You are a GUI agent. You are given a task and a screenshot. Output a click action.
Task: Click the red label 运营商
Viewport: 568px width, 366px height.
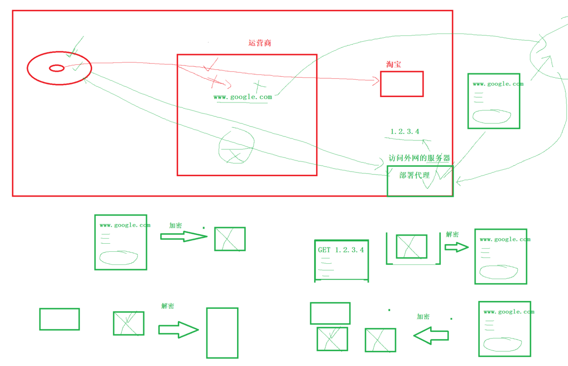coord(259,43)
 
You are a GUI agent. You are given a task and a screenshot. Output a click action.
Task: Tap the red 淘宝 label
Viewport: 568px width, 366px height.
coord(393,65)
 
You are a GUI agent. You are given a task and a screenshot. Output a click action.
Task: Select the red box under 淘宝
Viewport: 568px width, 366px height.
coord(402,84)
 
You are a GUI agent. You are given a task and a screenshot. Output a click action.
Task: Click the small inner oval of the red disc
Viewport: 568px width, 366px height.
coord(57,68)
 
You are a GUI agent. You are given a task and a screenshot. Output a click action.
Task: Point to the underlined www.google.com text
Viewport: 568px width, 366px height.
coord(243,97)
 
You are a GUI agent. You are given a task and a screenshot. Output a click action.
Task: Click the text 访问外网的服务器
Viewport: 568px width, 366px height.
coord(419,158)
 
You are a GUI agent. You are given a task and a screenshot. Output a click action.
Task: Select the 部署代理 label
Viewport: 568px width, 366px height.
coord(414,175)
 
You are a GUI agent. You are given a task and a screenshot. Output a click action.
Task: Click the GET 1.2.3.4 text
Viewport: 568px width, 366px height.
coord(341,250)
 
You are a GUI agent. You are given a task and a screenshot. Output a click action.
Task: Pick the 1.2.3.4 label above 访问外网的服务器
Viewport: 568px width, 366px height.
coord(405,132)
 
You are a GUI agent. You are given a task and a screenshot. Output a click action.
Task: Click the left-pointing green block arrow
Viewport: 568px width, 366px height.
coord(431,335)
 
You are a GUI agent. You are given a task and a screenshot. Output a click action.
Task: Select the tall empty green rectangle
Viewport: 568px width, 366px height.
coord(222,333)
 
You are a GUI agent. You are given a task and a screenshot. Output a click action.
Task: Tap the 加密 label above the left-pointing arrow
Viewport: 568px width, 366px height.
coord(423,317)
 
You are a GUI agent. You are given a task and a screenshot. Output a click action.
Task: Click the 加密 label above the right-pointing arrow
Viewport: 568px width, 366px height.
coord(175,225)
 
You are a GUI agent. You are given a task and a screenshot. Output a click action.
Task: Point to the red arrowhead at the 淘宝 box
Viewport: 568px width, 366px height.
coord(376,80)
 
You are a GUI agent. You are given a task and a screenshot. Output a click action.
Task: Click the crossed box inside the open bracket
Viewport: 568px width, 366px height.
coord(411,246)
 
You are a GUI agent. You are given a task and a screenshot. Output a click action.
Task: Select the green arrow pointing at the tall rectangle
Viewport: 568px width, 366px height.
coord(178,329)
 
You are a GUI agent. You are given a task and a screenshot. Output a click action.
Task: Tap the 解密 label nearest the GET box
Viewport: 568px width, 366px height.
coord(452,234)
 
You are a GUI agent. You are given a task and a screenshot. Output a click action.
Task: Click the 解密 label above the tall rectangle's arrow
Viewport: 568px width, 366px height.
coord(167,306)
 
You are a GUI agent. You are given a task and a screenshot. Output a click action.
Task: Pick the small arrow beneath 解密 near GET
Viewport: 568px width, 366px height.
coord(456,247)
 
